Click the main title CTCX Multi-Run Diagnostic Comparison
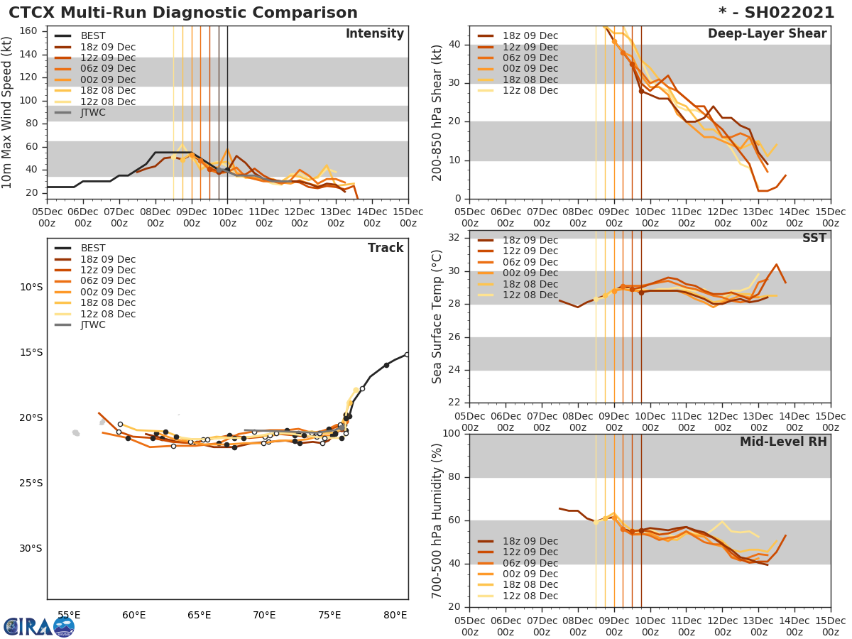coord(183,13)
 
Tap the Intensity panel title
coord(374,34)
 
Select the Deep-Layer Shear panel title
coord(767,34)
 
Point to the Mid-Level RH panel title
coord(783,442)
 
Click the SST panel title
coord(814,239)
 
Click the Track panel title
coord(386,248)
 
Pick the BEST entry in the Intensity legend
coord(94,36)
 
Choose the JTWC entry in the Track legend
coord(94,325)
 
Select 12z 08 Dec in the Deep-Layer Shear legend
coord(530,91)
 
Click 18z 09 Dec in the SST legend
coord(530,241)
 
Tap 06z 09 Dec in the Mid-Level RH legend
coord(530,563)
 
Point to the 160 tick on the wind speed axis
coord(29,31)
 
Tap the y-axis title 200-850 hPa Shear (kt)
coord(437,112)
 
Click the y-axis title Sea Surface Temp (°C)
coord(437,316)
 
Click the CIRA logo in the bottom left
coord(38,626)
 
